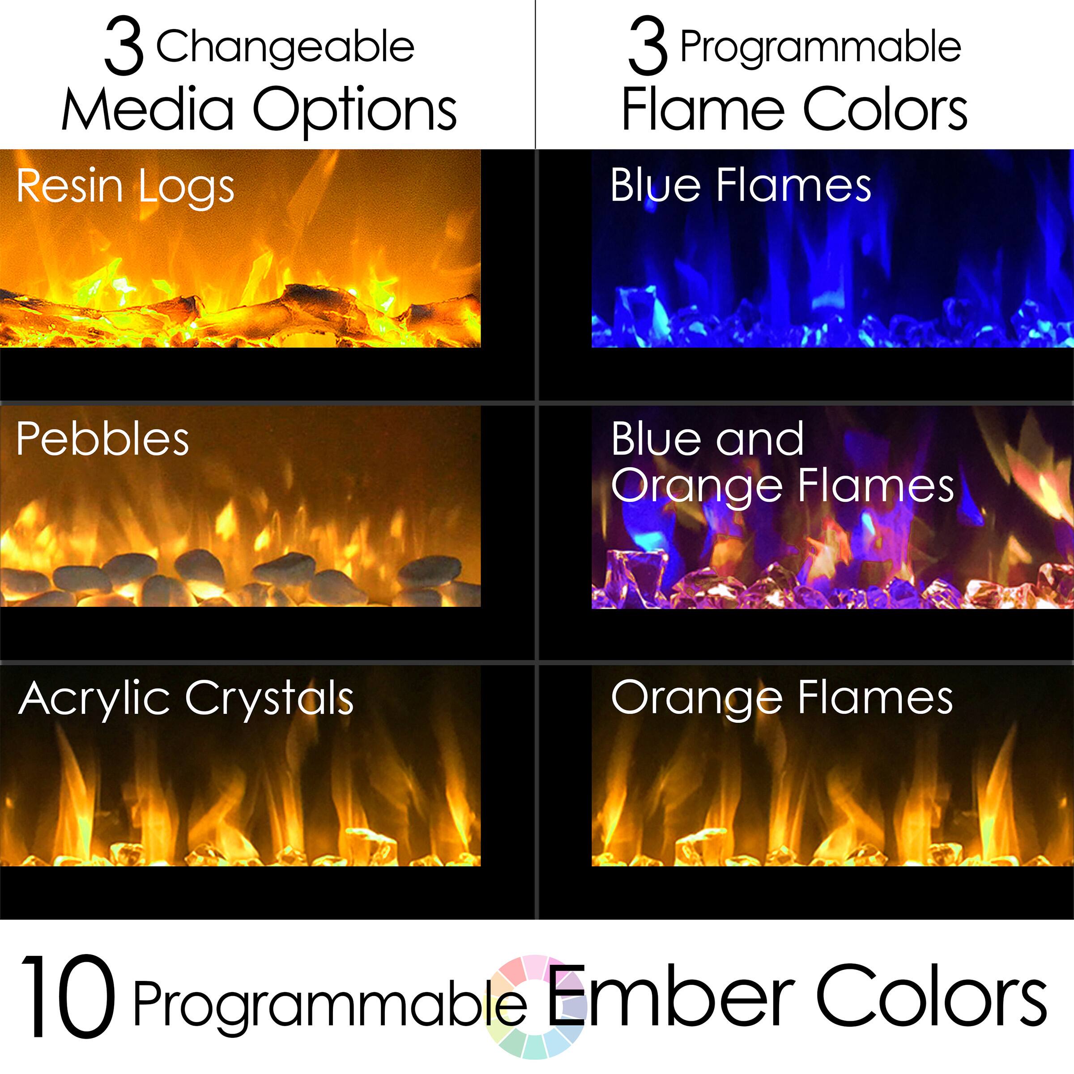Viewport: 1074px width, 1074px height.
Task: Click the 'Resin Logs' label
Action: (125, 186)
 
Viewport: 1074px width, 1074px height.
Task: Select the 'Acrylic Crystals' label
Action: (186, 699)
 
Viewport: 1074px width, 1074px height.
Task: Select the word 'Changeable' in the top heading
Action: (285, 47)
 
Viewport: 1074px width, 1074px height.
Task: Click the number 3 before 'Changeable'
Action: (124, 47)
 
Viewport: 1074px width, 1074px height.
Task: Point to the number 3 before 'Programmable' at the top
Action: (648, 47)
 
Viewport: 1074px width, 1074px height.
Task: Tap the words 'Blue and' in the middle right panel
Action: (707, 439)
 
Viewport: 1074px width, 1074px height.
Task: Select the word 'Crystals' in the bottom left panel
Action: (269, 699)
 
